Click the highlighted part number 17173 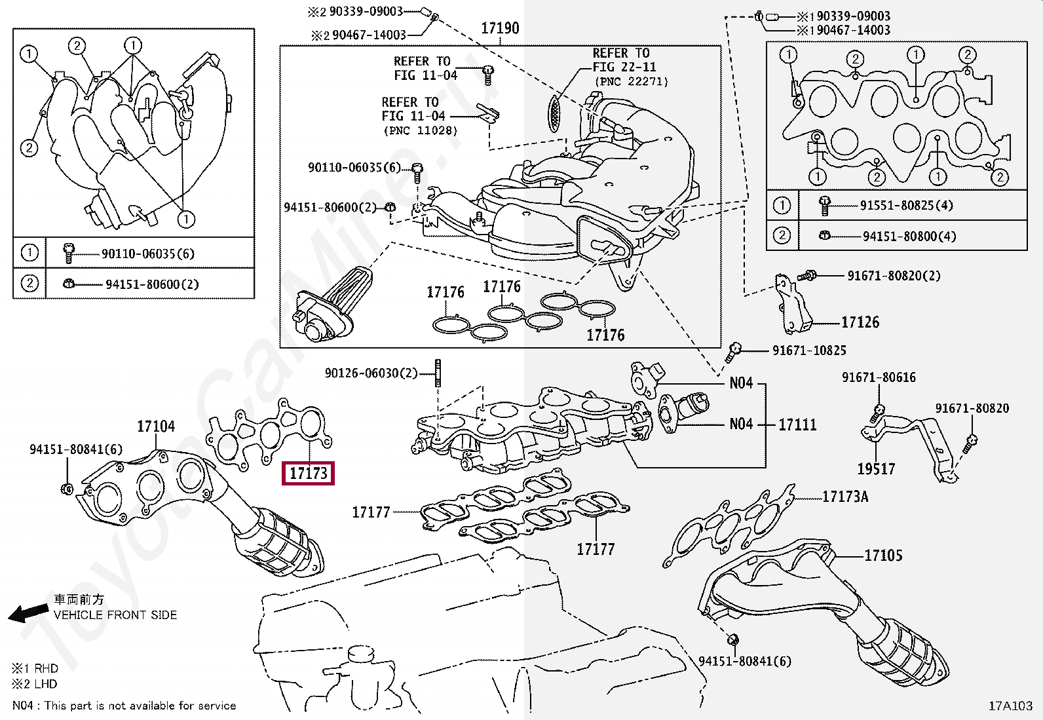click(x=308, y=472)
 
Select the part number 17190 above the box click(x=500, y=28)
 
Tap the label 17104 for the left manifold click(x=156, y=426)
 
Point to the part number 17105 click(x=883, y=556)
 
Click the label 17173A click(x=845, y=497)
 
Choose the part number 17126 click(x=860, y=322)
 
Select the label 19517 click(x=876, y=469)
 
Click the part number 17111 click(x=797, y=425)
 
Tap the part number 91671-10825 click(x=809, y=351)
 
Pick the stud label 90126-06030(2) click(x=371, y=373)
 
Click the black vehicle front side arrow click(x=28, y=613)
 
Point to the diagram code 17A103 click(x=1010, y=706)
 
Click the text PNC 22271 click(x=632, y=82)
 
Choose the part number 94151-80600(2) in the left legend click(x=152, y=284)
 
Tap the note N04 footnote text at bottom click(x=124, y=706)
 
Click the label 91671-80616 click(x=879, y=377)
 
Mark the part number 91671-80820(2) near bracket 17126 click(x=894, y=276)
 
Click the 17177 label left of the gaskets click(x=371, y=512)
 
